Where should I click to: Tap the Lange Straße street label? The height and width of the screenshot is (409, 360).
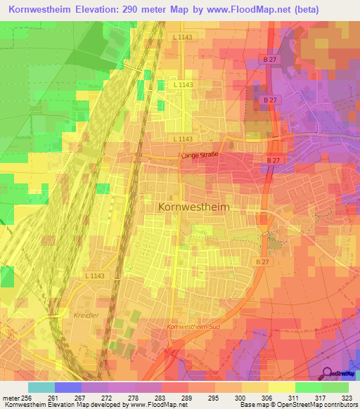(200, 155)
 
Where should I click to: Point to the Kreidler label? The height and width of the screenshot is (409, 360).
(87, 316)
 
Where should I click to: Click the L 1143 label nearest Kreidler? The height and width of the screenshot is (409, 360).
(94, 276)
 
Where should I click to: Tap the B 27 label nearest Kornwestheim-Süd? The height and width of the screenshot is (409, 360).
(262, 262)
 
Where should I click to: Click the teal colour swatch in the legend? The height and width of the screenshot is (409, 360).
(41, 387)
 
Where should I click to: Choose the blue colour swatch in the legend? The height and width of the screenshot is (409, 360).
(67, 387)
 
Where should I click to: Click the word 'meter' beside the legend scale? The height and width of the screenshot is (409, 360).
(10, 398)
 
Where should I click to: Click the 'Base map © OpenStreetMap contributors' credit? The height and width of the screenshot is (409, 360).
(297, 405)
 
